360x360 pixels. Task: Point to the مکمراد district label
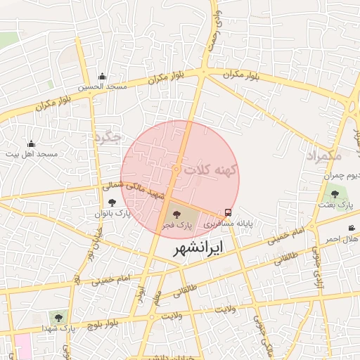(323, 156)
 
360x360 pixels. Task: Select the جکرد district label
(108, 136)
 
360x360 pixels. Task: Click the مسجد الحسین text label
(102, 87)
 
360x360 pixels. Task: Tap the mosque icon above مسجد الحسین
(102, 77)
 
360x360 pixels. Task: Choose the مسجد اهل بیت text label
(32, 153)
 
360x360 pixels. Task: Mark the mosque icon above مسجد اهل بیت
(31, 143)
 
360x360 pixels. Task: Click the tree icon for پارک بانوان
(112, 202)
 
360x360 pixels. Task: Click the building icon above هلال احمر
(352, 228)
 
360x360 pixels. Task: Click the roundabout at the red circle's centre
(176, 169)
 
